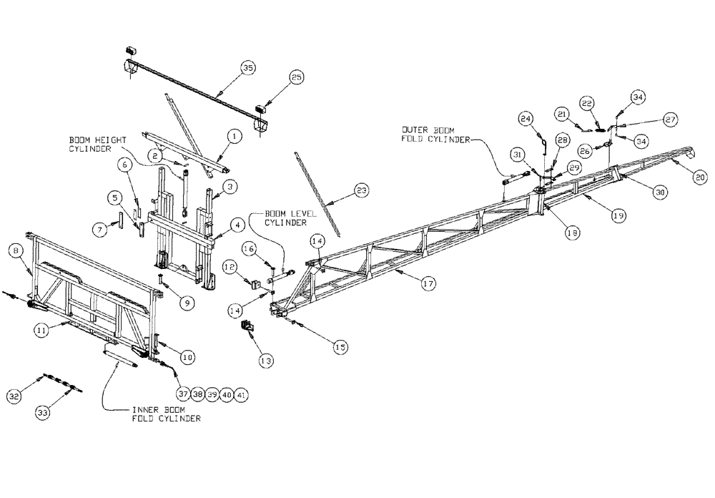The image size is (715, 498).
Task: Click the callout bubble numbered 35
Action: tap(247, 68)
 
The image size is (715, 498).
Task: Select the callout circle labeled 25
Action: tap(297, 77)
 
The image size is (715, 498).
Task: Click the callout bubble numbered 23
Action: tap(363, 190)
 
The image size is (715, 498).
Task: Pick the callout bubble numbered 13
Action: tap(266, 362)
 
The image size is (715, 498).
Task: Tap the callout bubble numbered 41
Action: tap(244, 394)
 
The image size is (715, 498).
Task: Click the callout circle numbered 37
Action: tap(184, 394)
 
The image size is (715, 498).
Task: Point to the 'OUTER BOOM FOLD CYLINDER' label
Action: tap(436, 135)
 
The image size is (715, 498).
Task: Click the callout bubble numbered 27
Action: tap(671, 119)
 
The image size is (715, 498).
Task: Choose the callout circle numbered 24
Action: tap(526, 117)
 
